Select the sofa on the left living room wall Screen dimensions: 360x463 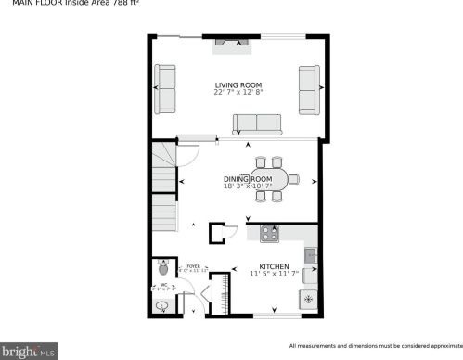click(x=166, y=89)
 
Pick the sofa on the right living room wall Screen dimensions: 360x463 click(x=309, y=89)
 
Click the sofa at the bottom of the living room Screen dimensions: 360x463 click(x=258, y=124)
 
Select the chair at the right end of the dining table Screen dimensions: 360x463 click(x=293, y=178)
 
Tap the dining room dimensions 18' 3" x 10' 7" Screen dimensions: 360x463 click(x=247, y=186)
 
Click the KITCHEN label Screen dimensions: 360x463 click(x=275, y=266)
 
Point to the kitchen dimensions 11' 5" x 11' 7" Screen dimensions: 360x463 click(x=275, y=274)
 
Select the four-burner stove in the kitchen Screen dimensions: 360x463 click(x=271, y=234)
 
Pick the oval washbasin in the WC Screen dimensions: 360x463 click(x=161, y=306)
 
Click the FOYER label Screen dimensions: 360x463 click(x=193, y=266)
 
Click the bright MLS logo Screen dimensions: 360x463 click(x=31, y=352)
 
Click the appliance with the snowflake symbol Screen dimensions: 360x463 click(x=307, y=300)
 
